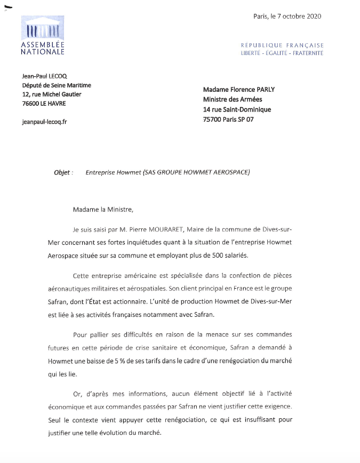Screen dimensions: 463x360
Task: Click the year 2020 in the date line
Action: point(314,16)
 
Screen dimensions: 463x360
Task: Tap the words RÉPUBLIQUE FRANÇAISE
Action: point(282,45)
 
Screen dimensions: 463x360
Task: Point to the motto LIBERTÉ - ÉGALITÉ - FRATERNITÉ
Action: point(282,53)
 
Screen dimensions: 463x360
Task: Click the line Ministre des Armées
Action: point(233,99)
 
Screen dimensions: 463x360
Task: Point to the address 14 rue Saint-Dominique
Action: point(237,109)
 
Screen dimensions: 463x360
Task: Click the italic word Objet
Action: point(62,173)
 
